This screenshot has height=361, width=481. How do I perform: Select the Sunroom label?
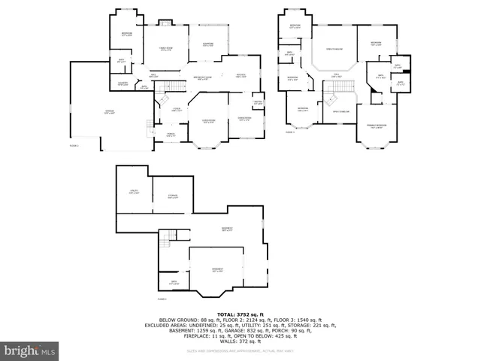point(208,44)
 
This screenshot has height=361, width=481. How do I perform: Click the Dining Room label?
point(244,119)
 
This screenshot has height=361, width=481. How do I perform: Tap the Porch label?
point(171,135)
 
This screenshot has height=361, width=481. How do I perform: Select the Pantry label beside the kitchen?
point(258,103)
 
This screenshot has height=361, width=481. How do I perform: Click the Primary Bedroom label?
point(377,126)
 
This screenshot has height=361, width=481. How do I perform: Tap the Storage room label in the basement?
point(172,197)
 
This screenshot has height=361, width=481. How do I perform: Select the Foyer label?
point(177,110)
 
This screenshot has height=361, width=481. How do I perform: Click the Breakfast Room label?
point(202,77)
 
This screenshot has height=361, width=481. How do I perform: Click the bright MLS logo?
point(30,350)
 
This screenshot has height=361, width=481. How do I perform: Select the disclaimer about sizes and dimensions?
point(240,351)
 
